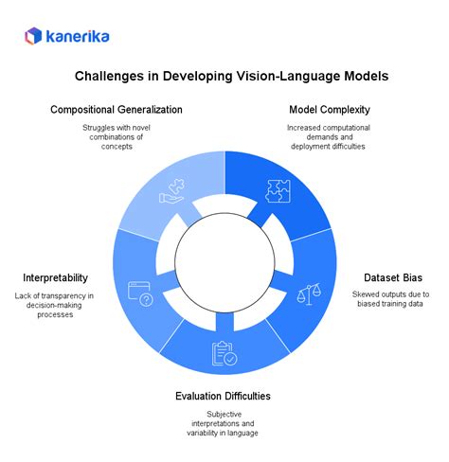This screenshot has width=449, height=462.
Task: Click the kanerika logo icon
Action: point(33,36)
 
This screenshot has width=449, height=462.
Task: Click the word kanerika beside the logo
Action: point(73,36)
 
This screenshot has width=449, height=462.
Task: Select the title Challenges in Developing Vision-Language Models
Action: point(224,77)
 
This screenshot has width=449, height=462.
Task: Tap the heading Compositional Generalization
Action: point(117,110)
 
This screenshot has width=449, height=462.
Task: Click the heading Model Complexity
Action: point(330,110)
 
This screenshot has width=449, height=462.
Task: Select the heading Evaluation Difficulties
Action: point(224,396)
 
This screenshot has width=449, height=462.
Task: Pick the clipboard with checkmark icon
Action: point(224,352)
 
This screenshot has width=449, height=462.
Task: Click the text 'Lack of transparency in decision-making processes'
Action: point(56,306)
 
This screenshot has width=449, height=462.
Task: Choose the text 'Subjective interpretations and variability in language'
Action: point(224,424)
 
